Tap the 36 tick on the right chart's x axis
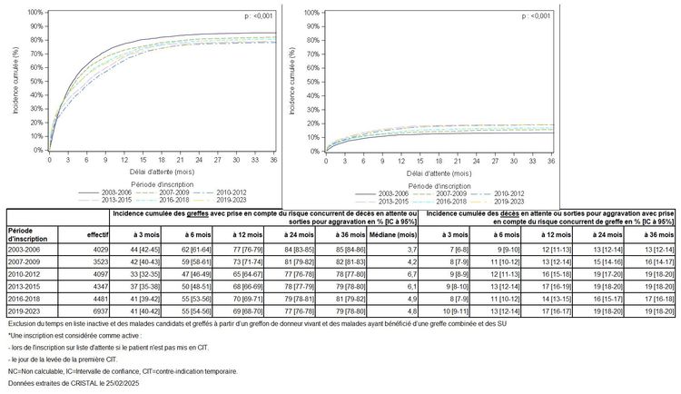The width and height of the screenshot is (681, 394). tap(551, 159)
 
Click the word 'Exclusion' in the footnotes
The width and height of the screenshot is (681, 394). tap(21, 324)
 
